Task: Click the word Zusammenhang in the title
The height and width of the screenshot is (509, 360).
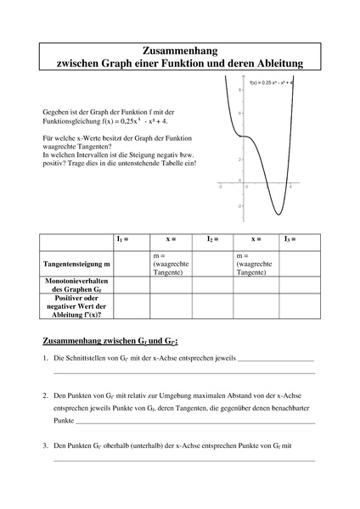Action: tap(179, 51)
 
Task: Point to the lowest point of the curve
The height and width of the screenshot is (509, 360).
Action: tap(278, 214)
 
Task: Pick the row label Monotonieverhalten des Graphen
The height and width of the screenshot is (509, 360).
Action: tap(76, 286)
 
